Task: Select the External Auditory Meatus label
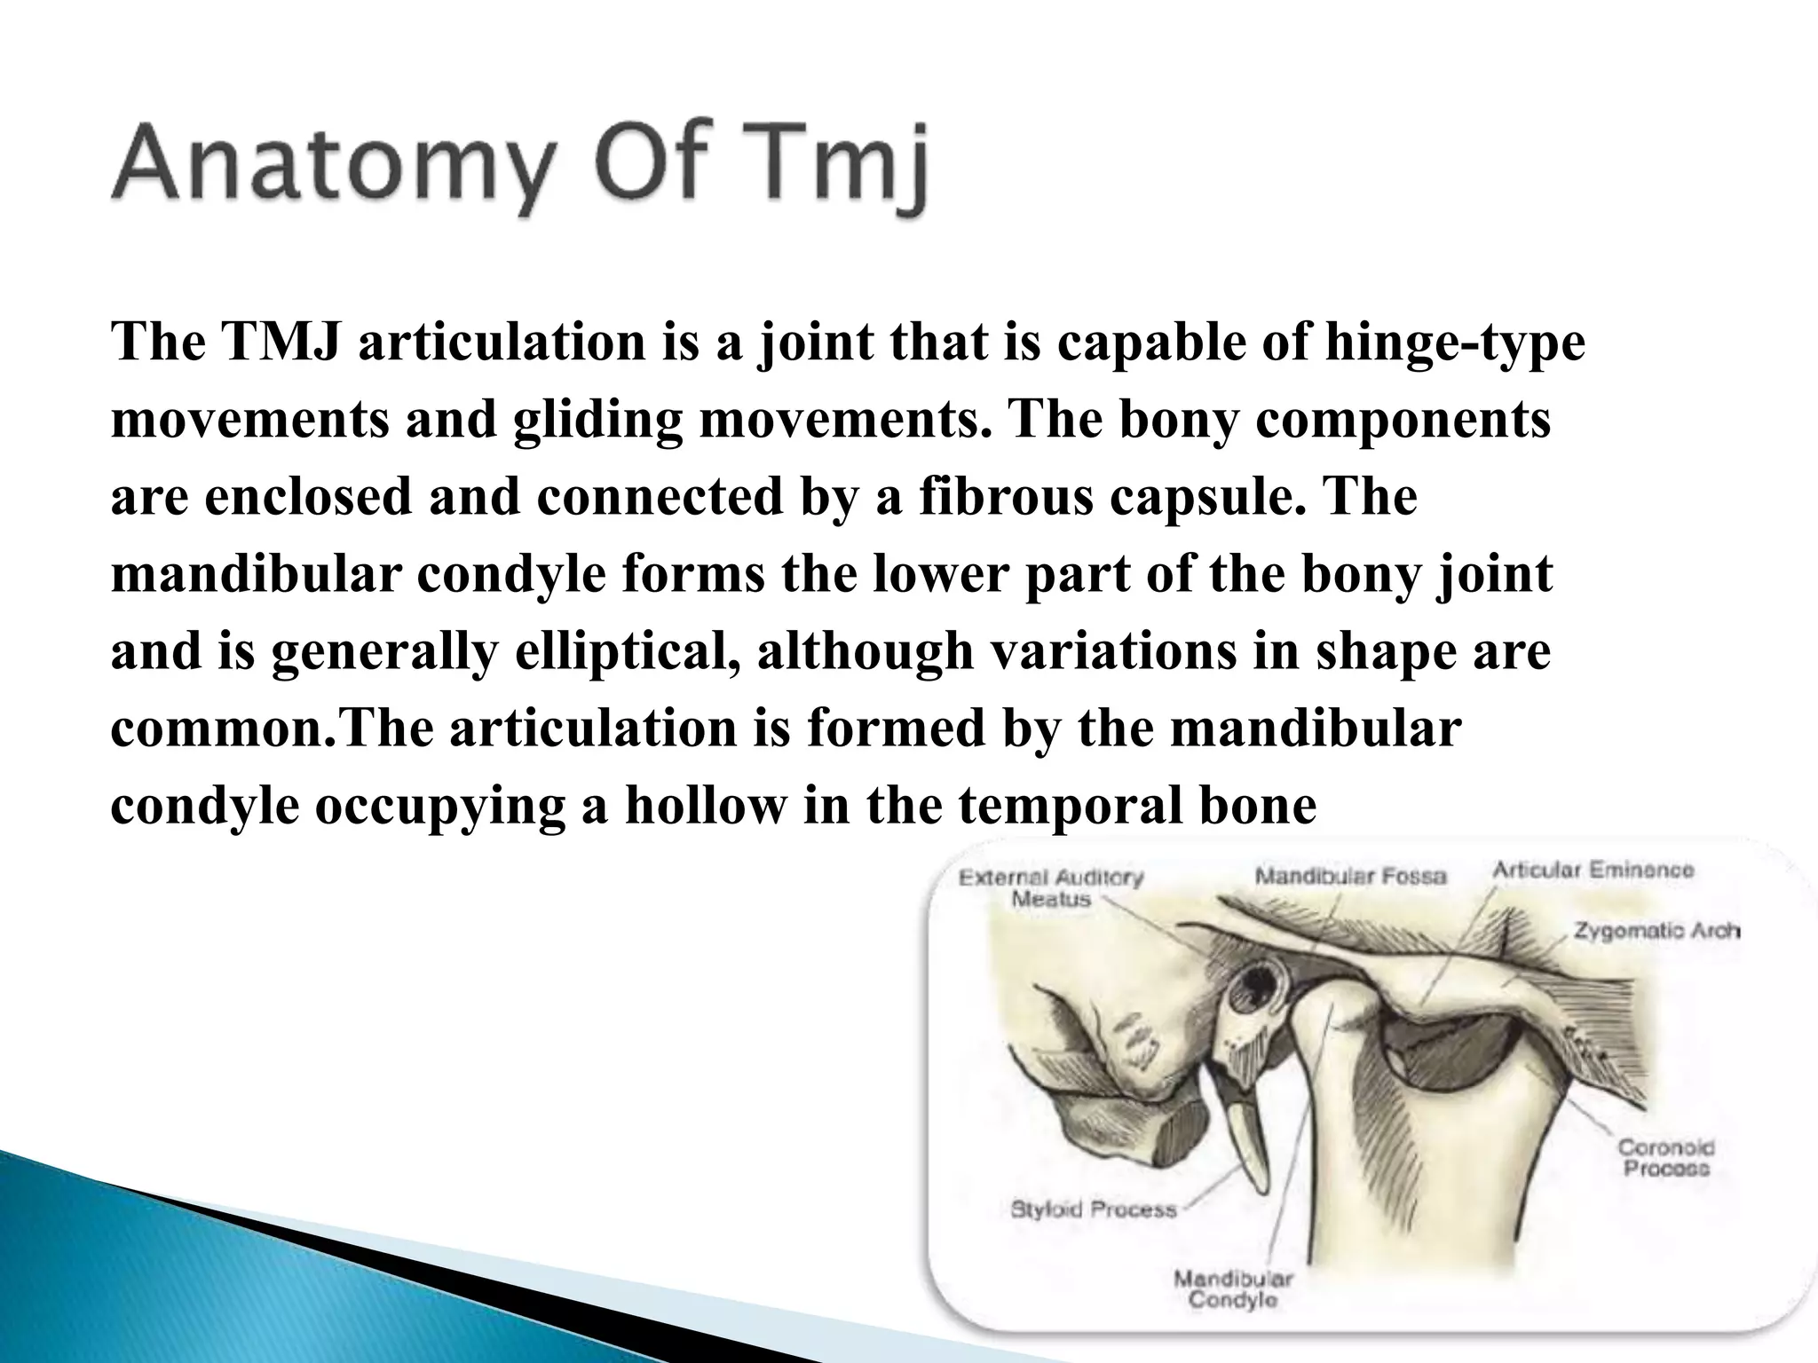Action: click(1051, 888)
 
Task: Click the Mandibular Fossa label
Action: click(1350, 877)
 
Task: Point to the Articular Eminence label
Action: click(1593, 870)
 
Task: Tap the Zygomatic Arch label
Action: click(1656, 931)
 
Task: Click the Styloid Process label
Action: click(1094, 1209)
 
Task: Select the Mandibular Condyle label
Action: click(1233, 1289)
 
